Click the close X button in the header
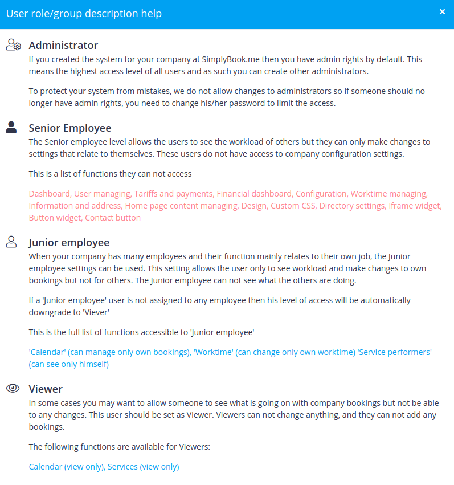click(442, 12)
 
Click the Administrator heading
click(63, 46)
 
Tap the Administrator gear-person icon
click(13, 45)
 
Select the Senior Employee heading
click(70, 128)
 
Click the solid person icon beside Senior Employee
click(11, 127)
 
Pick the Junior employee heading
click(69, 243)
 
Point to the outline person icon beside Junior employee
click(11, 242)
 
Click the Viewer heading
click(46, 389)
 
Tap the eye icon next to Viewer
click(13, 389)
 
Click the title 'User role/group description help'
click(84, 13)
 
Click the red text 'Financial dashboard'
click(255, 194)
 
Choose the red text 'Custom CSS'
click(293, 206)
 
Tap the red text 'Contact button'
click(113, 218)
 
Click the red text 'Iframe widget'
click(414, 206)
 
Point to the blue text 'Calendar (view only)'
click(67, 467)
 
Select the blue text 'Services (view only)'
click(144, 467)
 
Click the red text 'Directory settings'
click(352, 206)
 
